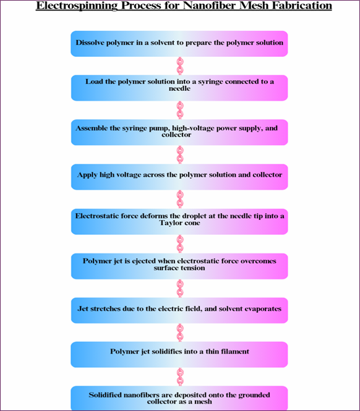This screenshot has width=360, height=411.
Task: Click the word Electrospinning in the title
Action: [77, 6]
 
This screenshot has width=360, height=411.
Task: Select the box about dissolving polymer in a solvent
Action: [179, 44]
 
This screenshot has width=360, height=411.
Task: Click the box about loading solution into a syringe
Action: [179, 88]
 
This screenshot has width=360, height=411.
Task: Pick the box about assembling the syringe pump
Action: [179, 132]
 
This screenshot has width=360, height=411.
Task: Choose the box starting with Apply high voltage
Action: [179, 177]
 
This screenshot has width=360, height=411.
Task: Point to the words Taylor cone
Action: [180, 223]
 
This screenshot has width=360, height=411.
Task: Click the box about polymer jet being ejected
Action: [179, 266]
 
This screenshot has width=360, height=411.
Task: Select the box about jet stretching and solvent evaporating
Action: [179, 310]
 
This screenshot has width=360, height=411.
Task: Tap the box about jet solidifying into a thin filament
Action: [179, 354]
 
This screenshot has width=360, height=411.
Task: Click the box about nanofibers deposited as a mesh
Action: [179, 398]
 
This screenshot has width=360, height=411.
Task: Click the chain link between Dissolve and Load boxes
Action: [180, 66]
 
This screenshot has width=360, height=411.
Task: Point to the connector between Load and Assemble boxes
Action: [180, 110]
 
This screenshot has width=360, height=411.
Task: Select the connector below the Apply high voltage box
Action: [180, 199]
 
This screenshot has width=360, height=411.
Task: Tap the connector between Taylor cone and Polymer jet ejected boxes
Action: [180, 244]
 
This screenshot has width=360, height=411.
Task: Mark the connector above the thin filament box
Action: [180, 333]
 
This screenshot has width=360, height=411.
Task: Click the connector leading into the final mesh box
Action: [180, 376]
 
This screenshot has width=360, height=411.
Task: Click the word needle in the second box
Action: [180, 88]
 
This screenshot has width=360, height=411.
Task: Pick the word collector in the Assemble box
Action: [176, 135]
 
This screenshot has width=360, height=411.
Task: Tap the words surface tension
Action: [179, 268]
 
